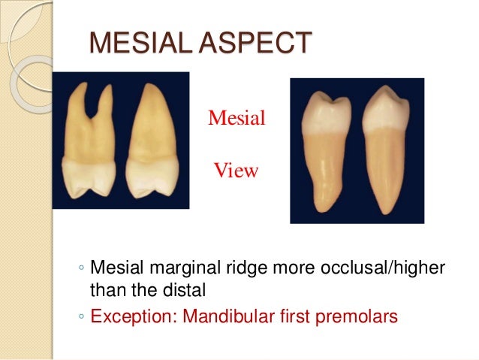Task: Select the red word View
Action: [x=236, y=171]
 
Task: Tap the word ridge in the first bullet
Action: [x=241, y=268]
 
